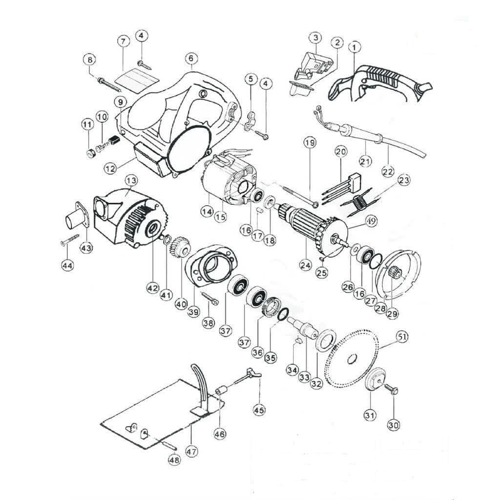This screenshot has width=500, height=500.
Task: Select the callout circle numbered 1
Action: (354, 47)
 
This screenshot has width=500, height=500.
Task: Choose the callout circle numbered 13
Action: (130, 180)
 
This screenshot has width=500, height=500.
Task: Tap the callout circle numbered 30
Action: (394, 425)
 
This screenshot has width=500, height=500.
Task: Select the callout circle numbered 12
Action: (110, 168)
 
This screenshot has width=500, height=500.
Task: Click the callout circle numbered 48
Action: (174, 459)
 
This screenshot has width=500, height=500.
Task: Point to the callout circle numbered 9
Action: (120, 102)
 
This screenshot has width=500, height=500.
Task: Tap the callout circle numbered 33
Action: (304, 377)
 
